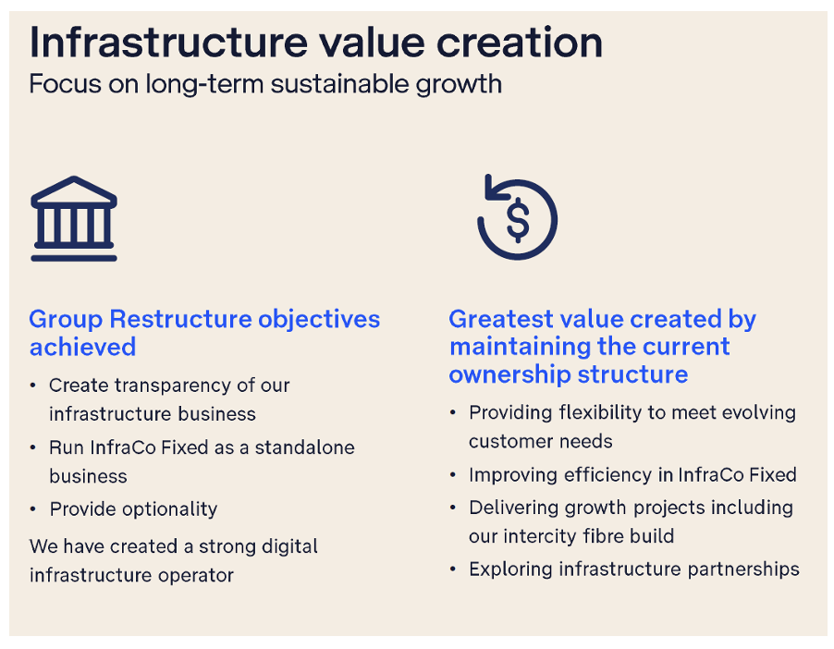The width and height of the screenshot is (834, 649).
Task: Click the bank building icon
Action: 74,218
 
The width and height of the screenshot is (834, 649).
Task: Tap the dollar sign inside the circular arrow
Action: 518,221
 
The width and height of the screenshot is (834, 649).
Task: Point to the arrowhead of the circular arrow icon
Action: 492,189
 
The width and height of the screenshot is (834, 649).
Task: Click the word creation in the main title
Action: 520,43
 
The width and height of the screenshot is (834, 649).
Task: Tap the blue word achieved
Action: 83,348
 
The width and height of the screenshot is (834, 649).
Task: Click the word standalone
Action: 305,447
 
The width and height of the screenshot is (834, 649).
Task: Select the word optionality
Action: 170,509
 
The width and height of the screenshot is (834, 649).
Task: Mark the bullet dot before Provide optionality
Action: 33,509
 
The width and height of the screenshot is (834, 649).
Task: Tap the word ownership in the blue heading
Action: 509,374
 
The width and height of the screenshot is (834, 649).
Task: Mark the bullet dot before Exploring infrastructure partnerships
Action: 453,569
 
